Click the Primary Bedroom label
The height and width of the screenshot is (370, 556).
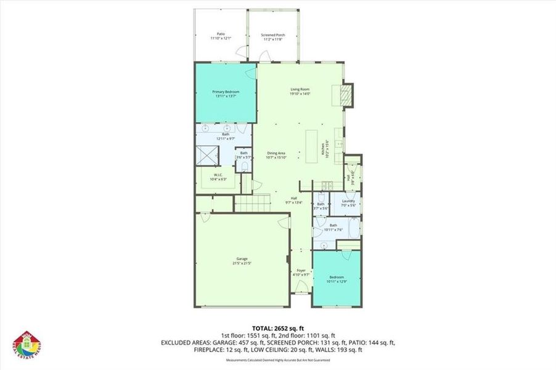[227, 94]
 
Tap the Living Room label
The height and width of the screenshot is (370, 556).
[300, 91]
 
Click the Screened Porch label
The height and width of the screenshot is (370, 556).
[272, 36]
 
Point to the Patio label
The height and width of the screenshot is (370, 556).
[220, 36]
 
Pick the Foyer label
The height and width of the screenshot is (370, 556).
[301, 272]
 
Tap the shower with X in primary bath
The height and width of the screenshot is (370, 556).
[206, 155]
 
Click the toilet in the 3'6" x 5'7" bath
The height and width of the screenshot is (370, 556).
[244, 166]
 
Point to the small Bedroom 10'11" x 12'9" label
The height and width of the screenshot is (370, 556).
[336, 279]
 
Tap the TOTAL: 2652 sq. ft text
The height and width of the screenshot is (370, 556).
[277, 328]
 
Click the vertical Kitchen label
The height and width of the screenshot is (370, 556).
[322, 149]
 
